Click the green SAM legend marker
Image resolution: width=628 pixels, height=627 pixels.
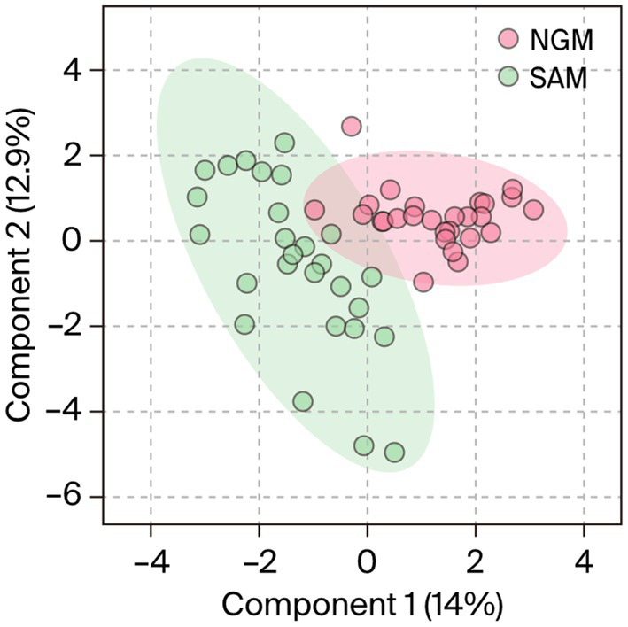[508, 77]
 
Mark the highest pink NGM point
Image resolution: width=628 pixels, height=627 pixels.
[352, 127]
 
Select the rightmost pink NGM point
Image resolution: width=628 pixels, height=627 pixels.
[533, 210]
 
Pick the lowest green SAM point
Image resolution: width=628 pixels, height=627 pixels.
[394, 453]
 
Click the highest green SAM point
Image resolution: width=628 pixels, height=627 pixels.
[284, 143]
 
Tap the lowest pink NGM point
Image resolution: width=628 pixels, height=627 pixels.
[423, 283]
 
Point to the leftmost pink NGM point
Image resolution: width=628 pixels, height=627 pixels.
[314, 210]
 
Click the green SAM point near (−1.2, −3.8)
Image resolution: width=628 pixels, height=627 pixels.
[303, 402]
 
